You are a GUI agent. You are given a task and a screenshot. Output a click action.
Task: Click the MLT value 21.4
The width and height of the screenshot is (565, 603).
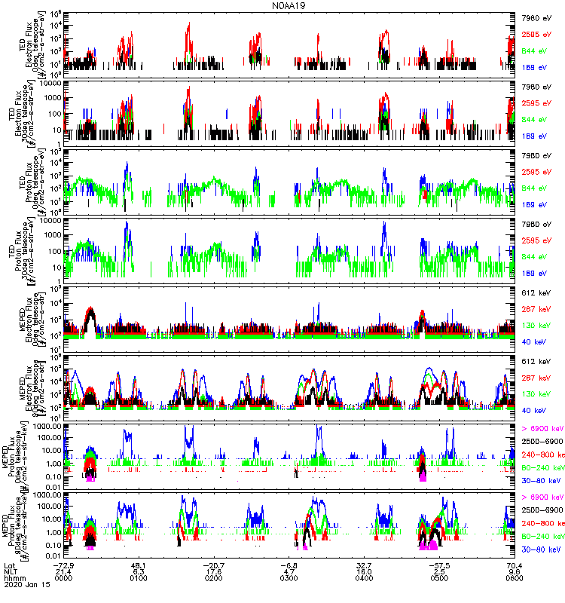(63, 571)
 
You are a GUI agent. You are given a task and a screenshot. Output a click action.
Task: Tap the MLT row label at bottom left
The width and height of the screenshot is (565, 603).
(11, 571)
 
